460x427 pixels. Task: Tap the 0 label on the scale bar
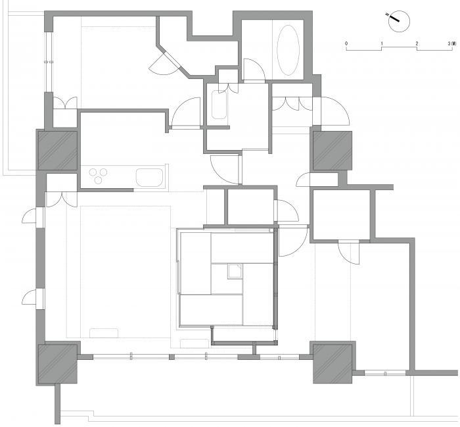point(346,43)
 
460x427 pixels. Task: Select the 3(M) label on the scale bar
point(452,43)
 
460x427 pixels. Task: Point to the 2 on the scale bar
point(417,43)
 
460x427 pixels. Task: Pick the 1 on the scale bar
point(382,43)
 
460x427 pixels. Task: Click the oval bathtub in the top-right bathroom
point(288,49)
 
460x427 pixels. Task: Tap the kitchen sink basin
point(149,178)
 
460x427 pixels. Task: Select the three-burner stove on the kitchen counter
point(99,176)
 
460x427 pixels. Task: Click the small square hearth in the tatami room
point(235,271)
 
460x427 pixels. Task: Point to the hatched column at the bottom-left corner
point(58,364)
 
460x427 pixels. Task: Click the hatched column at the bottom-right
point(333,364)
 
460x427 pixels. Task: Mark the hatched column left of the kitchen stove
point(58,151)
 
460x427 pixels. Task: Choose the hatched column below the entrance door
point(333,151)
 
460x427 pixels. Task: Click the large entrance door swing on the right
point(335,111)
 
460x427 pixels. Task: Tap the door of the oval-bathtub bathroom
point(254,70)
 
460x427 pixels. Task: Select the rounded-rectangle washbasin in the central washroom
point(219,105)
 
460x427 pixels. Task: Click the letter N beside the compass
point(387,14)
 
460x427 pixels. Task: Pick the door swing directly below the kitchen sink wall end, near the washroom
point(225,170)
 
